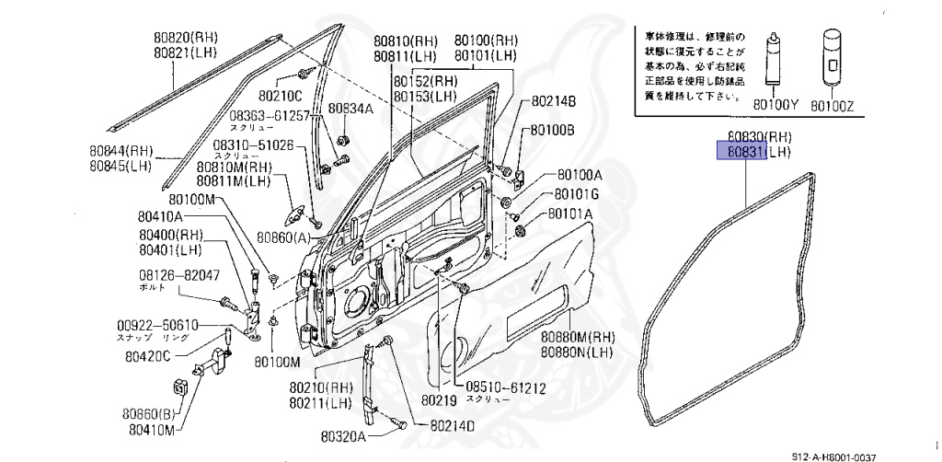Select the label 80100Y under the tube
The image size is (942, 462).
(x=775, y=107)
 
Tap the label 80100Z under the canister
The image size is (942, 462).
(x=832, y=107)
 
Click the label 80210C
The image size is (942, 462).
(x=280, y=94)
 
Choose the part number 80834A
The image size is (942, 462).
(x=350, y=108)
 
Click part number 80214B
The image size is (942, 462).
(x=553, y=100)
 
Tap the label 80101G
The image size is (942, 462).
(x=575, y=194)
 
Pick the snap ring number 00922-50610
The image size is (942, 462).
(x=157, y=326)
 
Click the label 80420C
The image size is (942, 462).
(x=147, y=356)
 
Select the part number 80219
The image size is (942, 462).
(x=438, y=400)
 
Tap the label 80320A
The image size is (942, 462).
(x=343, y=435)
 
